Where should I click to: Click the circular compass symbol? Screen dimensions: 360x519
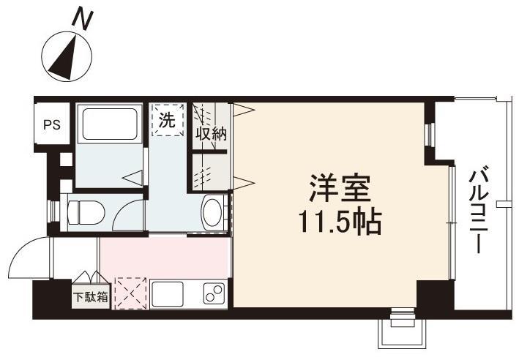point(67,57)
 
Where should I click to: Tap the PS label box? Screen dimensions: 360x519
point(51,124)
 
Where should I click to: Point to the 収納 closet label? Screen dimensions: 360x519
point(210,134)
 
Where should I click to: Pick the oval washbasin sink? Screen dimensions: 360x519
point(212,212)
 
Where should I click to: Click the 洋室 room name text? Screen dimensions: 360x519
point(339,188)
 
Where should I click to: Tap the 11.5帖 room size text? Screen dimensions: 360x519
point(339,222)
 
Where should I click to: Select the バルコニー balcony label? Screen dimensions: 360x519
point(479,209)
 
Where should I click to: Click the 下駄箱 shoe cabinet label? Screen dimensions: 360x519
point(92,298)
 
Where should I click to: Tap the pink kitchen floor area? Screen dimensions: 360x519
point(164,255)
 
